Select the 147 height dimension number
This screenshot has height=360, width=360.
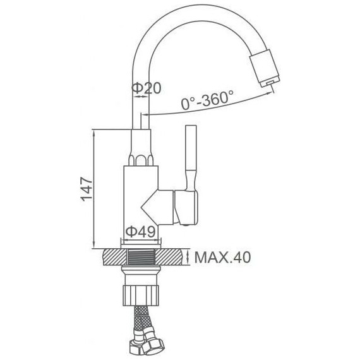click(87, 189)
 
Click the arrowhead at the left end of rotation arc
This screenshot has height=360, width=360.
click(143, 116)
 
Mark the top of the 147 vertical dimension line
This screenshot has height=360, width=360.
click(93, 129)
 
